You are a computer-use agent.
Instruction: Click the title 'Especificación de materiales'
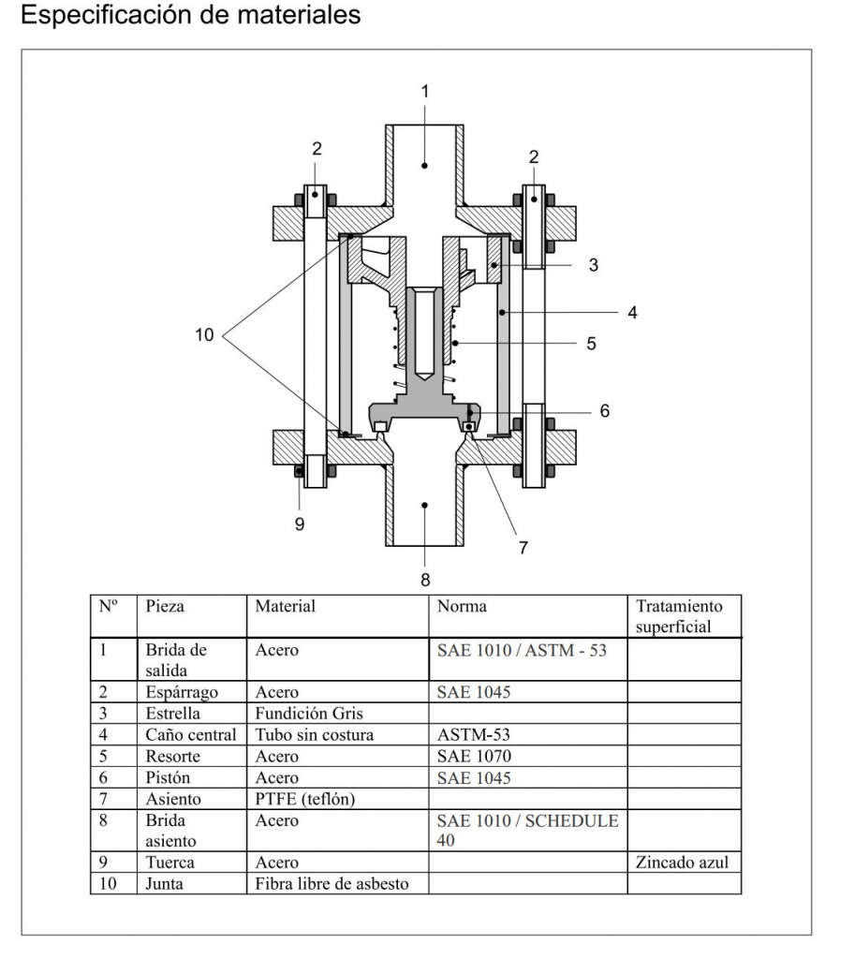pyautogui.click(x=190, y=16)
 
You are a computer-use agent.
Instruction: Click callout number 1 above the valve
pyautogui.click(x=424, y=91)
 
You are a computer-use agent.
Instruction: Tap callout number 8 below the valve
pyautogui.click(x=425, y=580)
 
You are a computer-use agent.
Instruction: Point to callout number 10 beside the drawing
pyautogui.click(x=205, y=334)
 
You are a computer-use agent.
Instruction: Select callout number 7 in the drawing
pyautogui.click(x=523, y=547)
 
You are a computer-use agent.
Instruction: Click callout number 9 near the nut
pyautogui.click(x=300, y=524)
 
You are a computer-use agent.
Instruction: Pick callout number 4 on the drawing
pyautogui.click(x=633, y=312)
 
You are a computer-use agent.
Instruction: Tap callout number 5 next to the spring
pyautogui.click(x=591, y=344)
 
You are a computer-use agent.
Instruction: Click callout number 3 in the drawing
pyautogui.click(x=593, y=265)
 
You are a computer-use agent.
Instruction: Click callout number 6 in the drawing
pyautogui.click(x=605, y=410)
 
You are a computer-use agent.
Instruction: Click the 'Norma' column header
pyautogui.click(x=462, y=606)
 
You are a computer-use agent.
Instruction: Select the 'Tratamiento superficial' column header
pyautogui.click(x=679, y=616)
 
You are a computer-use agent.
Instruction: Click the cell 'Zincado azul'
pyautogui.click(x=682, y=863)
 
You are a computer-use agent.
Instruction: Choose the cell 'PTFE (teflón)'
pyautogui.click(x=305, y=799)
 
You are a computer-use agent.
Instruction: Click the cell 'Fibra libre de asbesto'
pyautogui.click(x=332, y=883)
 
